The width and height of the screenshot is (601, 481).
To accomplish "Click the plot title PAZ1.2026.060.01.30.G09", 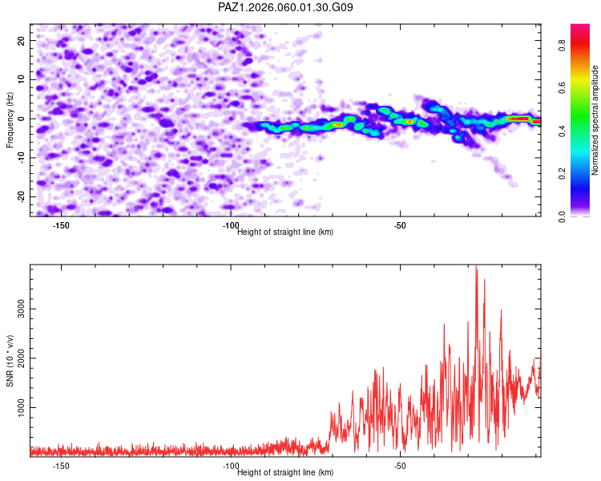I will tap(285, 7).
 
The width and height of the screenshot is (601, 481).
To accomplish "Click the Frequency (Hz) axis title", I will tap(10, 119).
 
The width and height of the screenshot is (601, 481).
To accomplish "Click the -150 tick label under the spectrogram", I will tap(61, 224).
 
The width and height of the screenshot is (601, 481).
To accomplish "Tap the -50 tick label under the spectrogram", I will tap(401, 224).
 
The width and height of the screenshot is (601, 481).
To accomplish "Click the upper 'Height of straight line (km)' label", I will tap(285, 232).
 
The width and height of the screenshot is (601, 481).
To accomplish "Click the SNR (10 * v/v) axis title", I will tap(10, 361).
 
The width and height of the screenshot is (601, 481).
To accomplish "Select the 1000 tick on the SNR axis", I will tap(17, 407).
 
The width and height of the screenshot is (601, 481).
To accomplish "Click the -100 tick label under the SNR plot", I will tap(231, 465).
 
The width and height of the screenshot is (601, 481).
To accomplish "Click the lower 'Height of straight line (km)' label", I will tap(285, 472).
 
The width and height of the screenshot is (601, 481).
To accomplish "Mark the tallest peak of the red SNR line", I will tap(476, 267).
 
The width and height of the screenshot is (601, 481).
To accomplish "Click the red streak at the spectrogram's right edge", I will tap(519, 119).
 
